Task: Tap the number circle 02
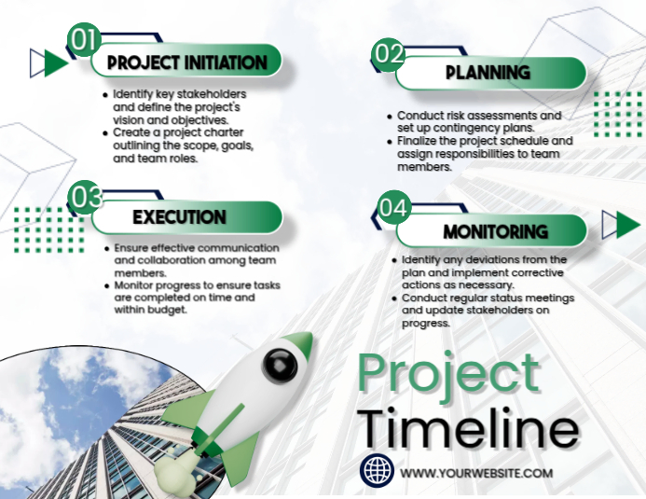(x=389, y=54)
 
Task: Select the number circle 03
(x=86, y=198)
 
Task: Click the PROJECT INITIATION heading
(x=186, y=62)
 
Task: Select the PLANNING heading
(x=488, y=73)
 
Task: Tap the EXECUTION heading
(x=179, y=217)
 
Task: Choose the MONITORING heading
(x=495, y=231)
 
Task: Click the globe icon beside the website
(x=378, y=472)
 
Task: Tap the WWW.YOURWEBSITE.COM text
(x=476, y=473)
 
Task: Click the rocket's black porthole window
(x=279, y=365)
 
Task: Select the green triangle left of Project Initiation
(x=56, y=62)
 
